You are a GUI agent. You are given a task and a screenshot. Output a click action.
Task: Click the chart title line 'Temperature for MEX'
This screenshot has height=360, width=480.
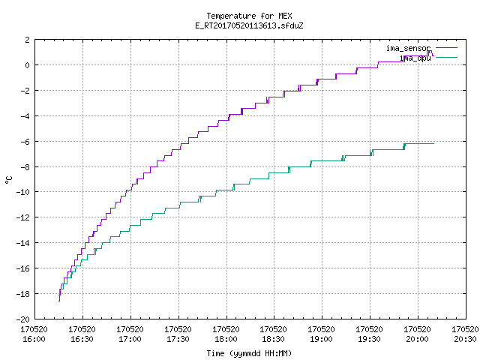tap(249, 16)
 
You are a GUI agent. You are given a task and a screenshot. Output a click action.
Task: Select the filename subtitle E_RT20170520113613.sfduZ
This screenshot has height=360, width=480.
tap(249, 25)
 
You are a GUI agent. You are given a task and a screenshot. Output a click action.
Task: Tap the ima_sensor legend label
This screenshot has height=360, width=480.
tap(408, 48)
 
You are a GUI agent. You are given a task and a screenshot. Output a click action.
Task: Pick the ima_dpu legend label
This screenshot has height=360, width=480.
tap(415, 58)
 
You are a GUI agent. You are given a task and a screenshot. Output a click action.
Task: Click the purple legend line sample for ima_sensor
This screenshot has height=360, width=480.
tap(446, 48)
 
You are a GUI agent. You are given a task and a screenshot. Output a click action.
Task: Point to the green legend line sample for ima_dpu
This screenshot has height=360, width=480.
tap(446, 57)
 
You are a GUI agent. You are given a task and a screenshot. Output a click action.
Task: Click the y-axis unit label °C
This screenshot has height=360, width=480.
tap(9, 180)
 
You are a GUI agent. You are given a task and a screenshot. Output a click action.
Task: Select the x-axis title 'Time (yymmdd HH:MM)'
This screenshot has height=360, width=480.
tap(249, 353)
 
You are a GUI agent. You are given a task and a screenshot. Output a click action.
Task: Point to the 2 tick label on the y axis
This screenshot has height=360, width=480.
tap(28, 40)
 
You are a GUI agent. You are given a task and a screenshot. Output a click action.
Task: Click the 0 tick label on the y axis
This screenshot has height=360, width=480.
tap(28, 65)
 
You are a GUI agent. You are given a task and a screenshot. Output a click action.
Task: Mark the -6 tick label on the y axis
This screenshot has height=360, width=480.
tap(25, 142)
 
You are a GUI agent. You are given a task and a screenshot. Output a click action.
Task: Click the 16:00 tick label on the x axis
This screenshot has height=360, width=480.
tap(34, 339)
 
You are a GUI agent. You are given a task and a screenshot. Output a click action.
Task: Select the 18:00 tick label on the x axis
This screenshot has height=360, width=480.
tap(226, 339)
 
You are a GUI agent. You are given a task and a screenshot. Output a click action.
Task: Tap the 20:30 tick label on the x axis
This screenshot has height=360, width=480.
tap(465, 339)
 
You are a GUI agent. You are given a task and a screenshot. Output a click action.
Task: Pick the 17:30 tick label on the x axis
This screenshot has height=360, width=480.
tap(178, 339)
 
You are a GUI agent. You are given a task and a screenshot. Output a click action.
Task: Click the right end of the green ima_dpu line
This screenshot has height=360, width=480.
tap(433, 143)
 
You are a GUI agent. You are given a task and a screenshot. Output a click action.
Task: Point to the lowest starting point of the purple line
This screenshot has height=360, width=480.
tap(59, 301)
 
